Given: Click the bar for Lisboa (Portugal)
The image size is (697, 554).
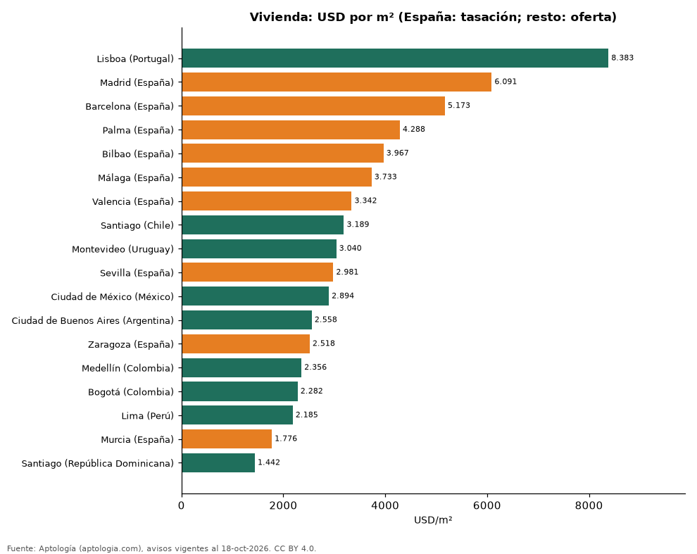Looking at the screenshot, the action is coord(395,58).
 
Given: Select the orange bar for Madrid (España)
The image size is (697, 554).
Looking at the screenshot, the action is coord(337,82).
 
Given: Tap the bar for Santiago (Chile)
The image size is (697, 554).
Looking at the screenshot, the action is coord(263,225).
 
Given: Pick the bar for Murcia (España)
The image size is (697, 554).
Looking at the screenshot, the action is coord(227,439).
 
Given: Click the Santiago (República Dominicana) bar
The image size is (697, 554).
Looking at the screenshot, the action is coord(218,463).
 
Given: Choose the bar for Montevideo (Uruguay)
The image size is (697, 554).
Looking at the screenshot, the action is coord(259,248).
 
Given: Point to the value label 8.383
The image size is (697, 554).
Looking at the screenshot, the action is coord(622,58).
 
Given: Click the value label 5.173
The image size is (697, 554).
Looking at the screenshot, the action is coord(459,106).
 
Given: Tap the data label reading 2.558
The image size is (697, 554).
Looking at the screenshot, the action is coord(326,320).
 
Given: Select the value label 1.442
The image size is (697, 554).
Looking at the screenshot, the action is coord(269,462).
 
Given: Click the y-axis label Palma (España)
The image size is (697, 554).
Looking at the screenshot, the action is coord(138,130).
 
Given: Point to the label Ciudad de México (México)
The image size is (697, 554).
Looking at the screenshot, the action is coord(113,296).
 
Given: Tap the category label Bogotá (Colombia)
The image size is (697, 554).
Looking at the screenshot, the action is coord(131,391).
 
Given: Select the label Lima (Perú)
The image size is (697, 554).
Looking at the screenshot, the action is coord(148,416).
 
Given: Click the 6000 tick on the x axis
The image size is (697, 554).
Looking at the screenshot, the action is coord(487,505).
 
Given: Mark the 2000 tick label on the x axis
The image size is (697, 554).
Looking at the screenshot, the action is coord(283,505).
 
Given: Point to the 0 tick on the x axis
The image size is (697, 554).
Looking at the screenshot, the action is coord(182,505).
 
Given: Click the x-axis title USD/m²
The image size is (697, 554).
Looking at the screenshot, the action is coord(433,520).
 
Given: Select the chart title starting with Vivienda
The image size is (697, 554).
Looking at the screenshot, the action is coord(433,17).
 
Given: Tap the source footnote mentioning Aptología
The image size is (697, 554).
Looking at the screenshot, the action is coord(162,548).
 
